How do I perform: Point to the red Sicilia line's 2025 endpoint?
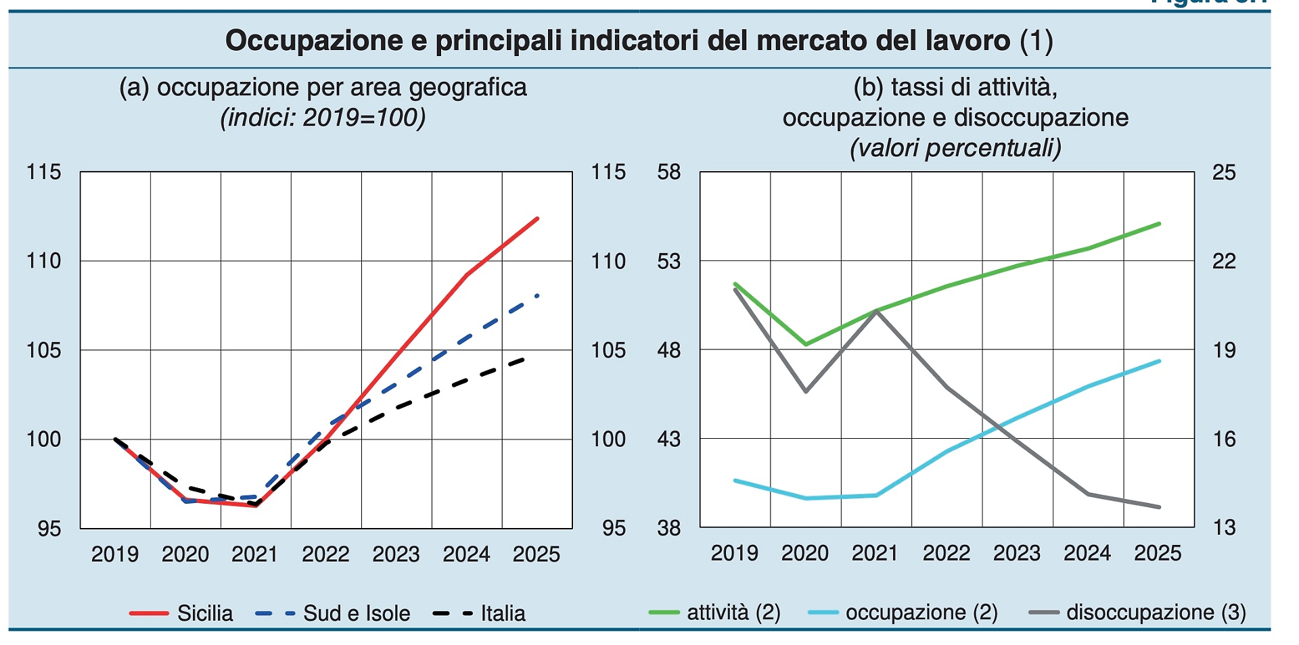tap(538, 218)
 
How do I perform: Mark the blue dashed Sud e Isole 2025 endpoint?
tap(538, 295)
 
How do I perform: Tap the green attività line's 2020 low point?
tap(806, 344)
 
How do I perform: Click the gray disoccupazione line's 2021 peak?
tap(877, 311)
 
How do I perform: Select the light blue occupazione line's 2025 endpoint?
tap(1160, 361)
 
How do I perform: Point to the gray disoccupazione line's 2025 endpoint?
tap(1160, 507)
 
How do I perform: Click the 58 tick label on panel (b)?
tap(668, 172)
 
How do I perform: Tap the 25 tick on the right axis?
tap(1223, 172)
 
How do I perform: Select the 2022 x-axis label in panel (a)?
tap(325, 554)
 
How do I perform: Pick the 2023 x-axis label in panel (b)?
tap(1017, 553)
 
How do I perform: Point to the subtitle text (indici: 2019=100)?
tap(323, 118)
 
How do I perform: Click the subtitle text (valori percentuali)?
tap(955, 147)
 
